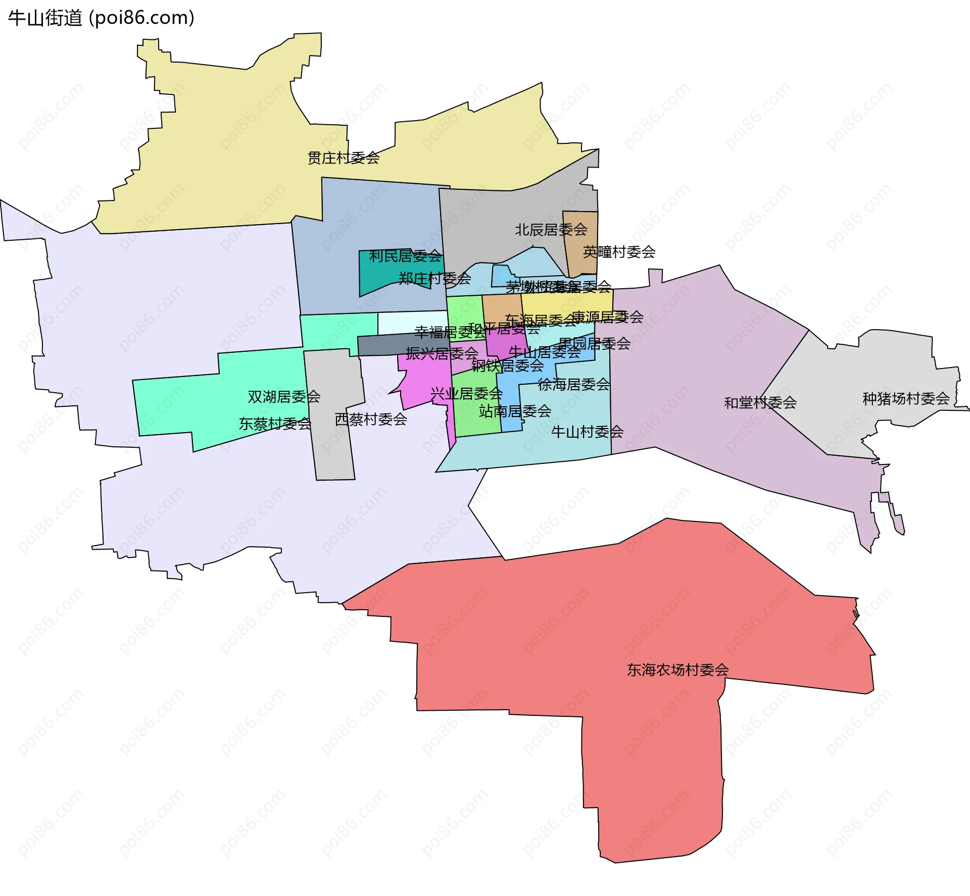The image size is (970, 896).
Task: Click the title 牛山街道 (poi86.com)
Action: point(101,18)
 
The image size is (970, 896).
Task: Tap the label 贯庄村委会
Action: point(344,158)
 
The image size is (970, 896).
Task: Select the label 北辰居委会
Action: point(551,230)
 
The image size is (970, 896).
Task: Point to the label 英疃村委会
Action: point(619,252)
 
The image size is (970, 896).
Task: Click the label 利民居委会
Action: point(405,256)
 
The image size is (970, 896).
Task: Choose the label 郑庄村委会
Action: point(434,278)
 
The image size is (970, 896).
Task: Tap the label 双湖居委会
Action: point(284,397)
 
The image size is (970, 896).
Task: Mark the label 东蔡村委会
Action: point(275,424)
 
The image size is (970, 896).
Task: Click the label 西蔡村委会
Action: point(371,419)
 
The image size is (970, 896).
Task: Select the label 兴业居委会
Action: point(466,393)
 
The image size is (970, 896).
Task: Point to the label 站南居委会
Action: point(515,411)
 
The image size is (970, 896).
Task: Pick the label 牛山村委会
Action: point(587,432)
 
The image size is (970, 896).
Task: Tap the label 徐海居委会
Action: point(574,385)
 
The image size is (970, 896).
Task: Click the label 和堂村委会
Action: point(760,403)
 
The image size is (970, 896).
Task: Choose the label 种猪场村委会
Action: point(906,399)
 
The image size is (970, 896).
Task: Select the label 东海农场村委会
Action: point(677,670)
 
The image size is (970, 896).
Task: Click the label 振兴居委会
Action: point(442,353)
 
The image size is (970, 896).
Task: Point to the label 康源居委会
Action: point(607,317)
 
